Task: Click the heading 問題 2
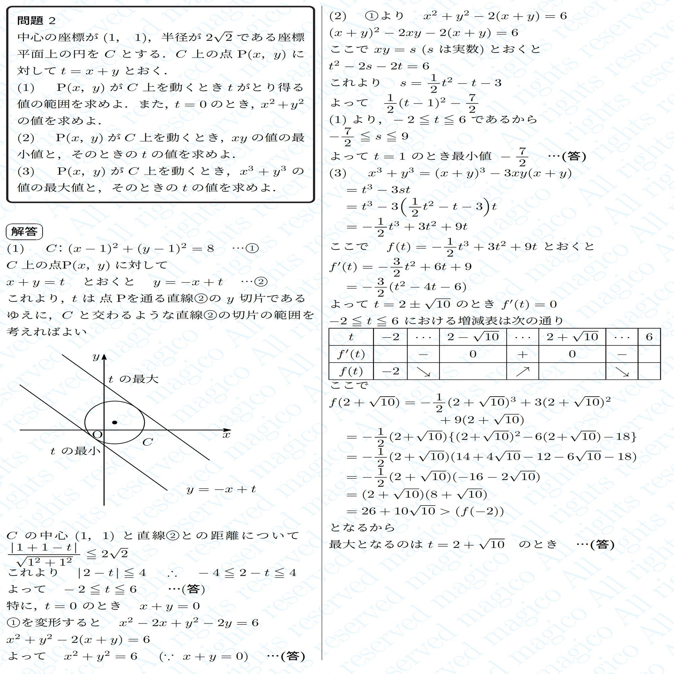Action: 36,21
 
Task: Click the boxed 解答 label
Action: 24,232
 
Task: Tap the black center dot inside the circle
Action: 115,423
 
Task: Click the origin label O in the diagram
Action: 97,435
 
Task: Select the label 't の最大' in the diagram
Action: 133,379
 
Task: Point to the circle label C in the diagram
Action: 148,442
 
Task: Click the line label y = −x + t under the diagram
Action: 221,489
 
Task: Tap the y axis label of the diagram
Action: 96,357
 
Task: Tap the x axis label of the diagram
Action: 227,435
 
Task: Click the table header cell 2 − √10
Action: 473,337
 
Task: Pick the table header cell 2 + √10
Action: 572,337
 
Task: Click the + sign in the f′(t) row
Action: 522,355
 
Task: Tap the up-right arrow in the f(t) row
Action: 522,371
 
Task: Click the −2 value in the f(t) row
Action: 390,371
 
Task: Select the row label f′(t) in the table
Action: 351,355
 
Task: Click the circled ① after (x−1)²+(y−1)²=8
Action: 252,248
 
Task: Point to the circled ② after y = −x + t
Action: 261,282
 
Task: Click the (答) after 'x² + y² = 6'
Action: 293,656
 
